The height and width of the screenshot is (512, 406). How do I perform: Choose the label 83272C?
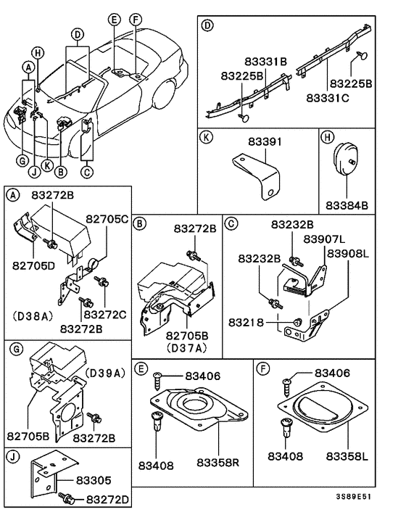pos(106,315)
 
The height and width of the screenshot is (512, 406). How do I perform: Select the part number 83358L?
pos(347,456)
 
